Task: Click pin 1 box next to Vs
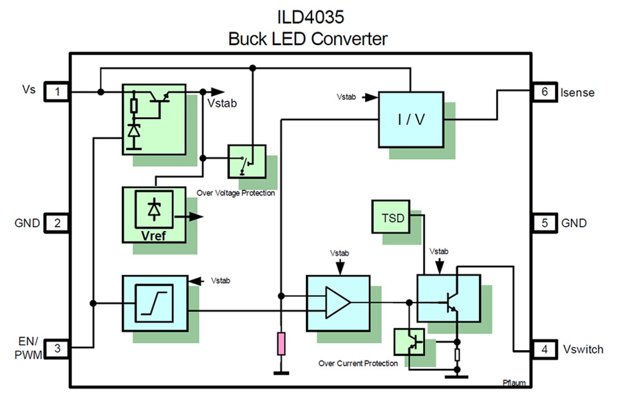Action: [x=57, y=92]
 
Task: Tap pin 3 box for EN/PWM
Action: [x=57, y=348]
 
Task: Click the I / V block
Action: [x=411, y=120]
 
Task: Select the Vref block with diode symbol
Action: [x=154, y=214]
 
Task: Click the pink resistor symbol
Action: [x=281, y=344]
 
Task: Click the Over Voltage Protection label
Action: [x=235, y=192]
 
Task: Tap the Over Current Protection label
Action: [x=358, y=364]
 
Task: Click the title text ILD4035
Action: [x=308, y=15]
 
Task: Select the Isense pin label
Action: [x=577, y=93]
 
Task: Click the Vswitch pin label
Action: [x=582, y=350]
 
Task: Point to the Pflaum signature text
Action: [x=514, y=383]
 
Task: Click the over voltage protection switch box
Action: [x=247, y=160]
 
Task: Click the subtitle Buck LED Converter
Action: [x=308, y=39]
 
